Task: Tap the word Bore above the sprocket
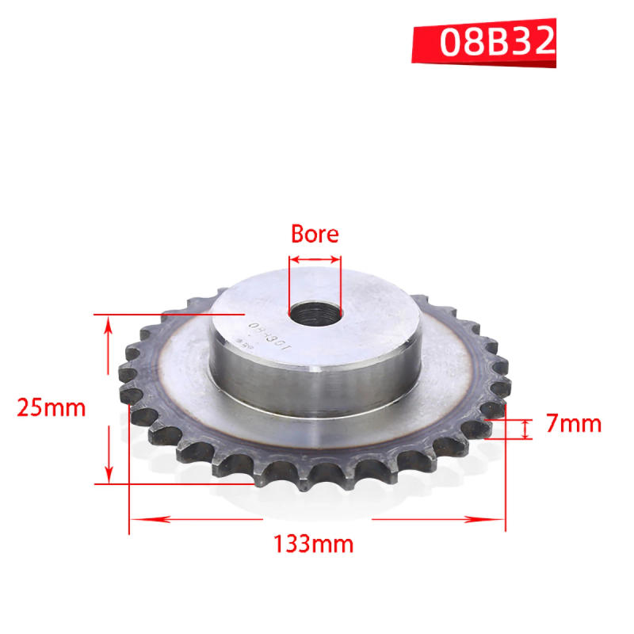[x=315, y=234]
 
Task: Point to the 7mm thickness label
[x=574, y=424]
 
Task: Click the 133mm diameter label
[x=314, y=544]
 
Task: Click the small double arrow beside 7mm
[x=525, y=429]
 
